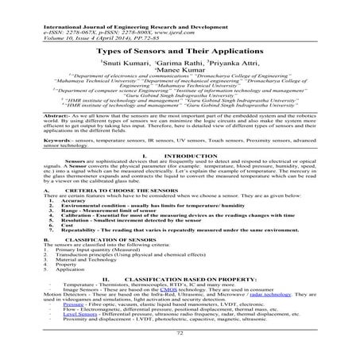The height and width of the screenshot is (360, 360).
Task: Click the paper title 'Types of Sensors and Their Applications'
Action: (x=180, y=48)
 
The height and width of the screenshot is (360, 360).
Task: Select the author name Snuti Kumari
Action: (x=122, y=61)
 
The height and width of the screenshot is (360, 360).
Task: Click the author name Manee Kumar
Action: (x=180, y=70)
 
